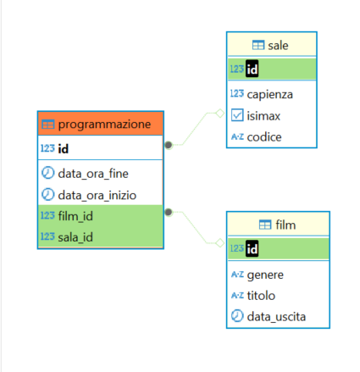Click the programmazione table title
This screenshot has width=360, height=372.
click(x=104, y=124)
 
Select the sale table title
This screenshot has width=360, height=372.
click(x=278, y=44)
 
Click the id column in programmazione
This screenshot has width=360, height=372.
click(x=63, y=149)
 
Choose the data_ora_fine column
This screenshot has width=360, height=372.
click(x=92, y=173)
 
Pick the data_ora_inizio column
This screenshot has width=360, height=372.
click(x=97, y=194)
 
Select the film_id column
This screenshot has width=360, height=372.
click(x=75, y=215)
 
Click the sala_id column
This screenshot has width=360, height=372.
click(x=76, y=236)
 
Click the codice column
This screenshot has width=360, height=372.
click(x=265, y=136)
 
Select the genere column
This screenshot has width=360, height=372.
click(x=266, y=274)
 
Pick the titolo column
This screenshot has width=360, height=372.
click(x=263, y=295)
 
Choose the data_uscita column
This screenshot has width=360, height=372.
click(x=276, y=316)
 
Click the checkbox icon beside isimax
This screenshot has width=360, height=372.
click(x=237, y=115)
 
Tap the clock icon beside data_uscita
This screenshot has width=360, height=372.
click(x=237, y=316)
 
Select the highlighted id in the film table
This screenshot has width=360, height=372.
click(x=252, y=248)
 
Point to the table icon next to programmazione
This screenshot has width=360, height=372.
click(x=48, y=124)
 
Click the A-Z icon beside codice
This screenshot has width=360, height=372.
click(x=237, y=136)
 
